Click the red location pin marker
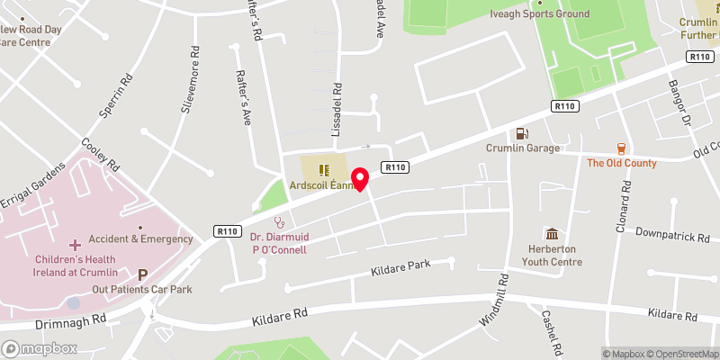[x=360, y=178]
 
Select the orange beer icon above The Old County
[x=621, y=148]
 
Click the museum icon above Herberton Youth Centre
[x=552, y=233]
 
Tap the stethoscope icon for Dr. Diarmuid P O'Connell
[x=279, y=220]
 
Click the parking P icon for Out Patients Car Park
[x=142, y=274]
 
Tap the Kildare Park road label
[x=401, y=267]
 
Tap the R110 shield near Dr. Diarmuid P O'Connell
[x=227, y=231]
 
